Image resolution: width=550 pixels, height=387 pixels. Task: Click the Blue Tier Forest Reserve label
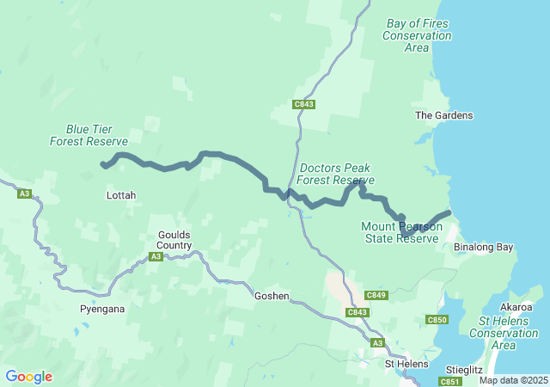point(89,135)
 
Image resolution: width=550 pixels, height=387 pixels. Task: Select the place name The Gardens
point(443,115)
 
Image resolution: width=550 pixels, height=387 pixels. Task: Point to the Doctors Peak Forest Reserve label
point(337,175)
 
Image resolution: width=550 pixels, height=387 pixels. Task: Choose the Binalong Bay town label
point(483,248)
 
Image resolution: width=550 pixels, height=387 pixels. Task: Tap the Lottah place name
point(120,196)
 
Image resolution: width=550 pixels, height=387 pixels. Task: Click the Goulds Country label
point(174,240)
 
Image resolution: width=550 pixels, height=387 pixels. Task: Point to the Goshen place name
point(272,296)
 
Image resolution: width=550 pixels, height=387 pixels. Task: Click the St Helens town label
point(406,364)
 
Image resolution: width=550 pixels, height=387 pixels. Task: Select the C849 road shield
point(377,295)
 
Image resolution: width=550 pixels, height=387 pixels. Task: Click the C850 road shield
point(437,320)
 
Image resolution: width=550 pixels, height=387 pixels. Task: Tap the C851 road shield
point(450,381)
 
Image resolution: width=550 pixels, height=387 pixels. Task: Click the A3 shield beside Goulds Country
point(156,256)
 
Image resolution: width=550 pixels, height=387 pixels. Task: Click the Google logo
point(28,377)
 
